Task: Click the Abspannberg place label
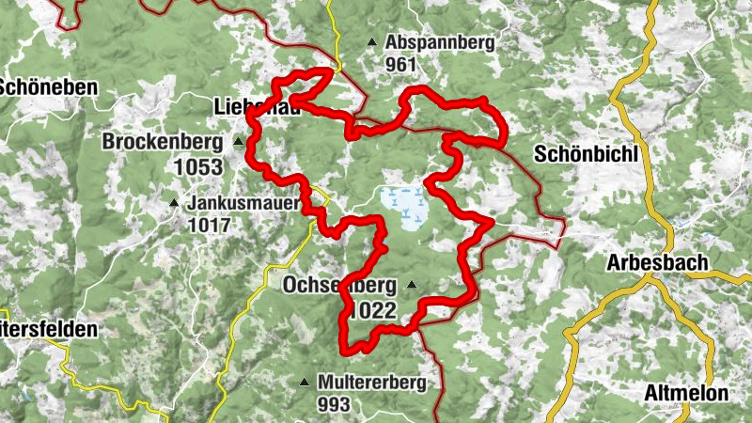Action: coord(439,42)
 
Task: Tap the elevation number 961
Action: coord(400,65)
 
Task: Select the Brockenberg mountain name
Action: coord(163,143)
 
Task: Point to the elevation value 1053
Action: coord(197,167)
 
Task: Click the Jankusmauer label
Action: coord(243,202)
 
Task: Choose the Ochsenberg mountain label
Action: coord(340,285)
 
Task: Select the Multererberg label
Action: coord(371,383)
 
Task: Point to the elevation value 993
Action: coord(333,405)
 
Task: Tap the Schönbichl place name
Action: coord(586,154)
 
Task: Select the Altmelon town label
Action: coord(687,394)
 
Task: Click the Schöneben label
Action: coord(49,86)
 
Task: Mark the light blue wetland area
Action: coord(403,208)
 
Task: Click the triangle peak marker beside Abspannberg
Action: coord(372,42)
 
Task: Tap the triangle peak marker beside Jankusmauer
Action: coord(174,202)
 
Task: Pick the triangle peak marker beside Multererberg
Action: coord(304,383)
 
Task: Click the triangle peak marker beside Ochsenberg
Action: coord(411,285)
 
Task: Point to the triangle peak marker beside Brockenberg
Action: coord(238,143)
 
